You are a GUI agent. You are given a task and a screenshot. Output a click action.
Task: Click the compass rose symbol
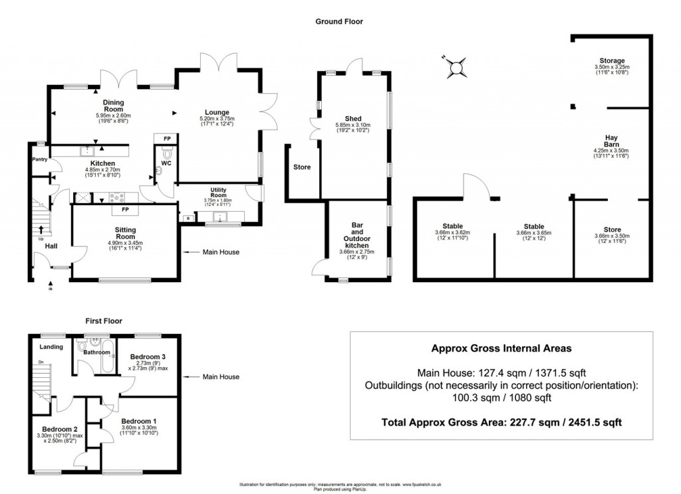(x=456, y=66)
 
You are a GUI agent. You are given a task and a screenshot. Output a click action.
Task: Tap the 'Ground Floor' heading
(x=339, y=21)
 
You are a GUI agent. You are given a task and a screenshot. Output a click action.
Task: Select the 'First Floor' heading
(x=104, y=321)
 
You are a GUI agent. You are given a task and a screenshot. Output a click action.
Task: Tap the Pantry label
(x=41, y=160)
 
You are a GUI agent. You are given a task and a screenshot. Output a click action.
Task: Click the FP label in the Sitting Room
(x=124, y=211)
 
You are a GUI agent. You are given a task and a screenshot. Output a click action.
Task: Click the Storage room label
(x=611, y=60)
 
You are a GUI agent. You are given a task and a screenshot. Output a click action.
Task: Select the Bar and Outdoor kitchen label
(x=352, y=238)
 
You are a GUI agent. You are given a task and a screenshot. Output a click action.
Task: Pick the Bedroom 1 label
(x=139, y=420)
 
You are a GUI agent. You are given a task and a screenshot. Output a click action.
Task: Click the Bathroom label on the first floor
(x=96, y=353)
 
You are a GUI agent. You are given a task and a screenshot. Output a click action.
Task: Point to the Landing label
(x=51, y=347)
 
